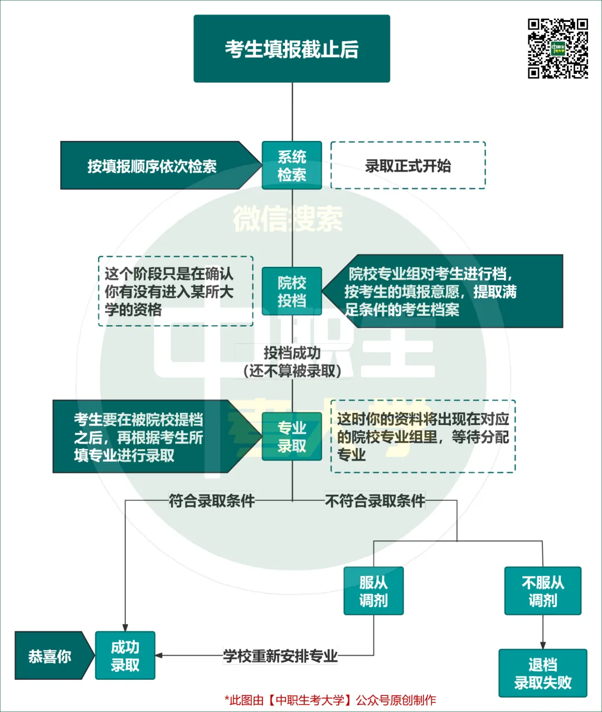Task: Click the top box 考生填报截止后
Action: point(292,49)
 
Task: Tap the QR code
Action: point(558,48)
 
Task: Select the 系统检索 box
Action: point(292,165)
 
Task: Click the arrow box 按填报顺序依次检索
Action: point(152,166)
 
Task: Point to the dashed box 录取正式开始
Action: point(408,165)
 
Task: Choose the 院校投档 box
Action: point(292,291)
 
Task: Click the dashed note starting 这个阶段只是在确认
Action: point(175,291)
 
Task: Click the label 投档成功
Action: point(292,353)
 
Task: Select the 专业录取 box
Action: point(292,437)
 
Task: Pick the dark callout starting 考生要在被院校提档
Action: point(145,437)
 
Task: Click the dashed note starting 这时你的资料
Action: point(423,437)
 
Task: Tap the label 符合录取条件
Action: point(212,501)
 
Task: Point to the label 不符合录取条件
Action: point(375,501)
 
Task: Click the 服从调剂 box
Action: point(373,591)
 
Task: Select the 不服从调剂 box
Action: point(543,591)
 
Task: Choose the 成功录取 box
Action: point(125,656)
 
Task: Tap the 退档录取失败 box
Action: point(543,673)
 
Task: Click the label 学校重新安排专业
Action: point(280,656)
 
